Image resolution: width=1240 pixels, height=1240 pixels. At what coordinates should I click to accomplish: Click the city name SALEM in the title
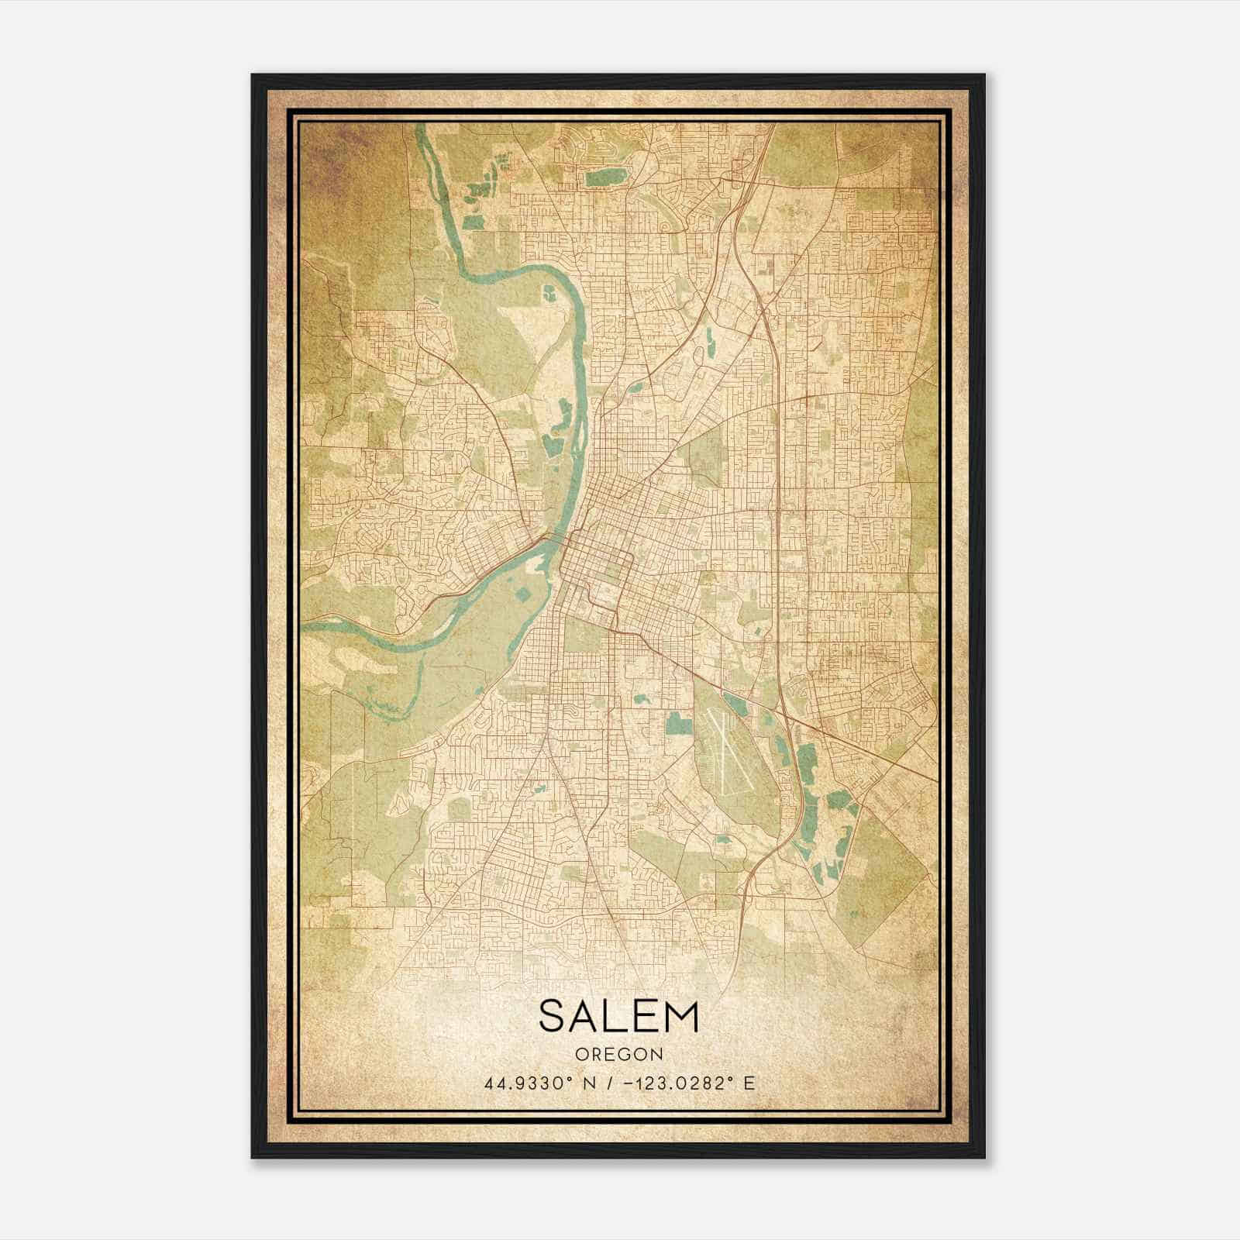click(x=618, y=1017)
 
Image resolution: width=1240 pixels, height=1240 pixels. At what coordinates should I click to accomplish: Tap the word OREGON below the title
click(x=618, y=1054)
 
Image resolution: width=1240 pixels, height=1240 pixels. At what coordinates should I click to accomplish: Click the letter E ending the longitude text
click(x=749, y=1083)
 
